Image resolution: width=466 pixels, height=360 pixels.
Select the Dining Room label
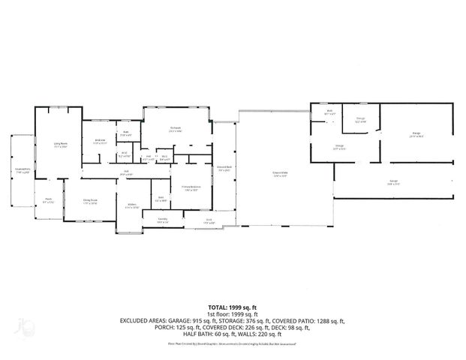click(x=90, y=201)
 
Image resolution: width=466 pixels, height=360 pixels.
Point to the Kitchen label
click(x=131, y=204)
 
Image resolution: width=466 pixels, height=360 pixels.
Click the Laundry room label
click(x=162, y=220)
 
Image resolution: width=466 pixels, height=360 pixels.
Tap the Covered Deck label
click(x=224, y=169)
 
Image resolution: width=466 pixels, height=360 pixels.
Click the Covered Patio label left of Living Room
click(x=23, y=171)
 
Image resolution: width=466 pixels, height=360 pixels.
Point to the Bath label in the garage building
click(x=329, y=113)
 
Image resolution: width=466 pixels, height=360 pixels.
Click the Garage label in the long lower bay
click(x=392, y=182)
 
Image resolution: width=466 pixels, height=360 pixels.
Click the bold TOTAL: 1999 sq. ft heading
click(x=233, y=307)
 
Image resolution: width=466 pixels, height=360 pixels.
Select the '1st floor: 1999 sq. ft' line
click(x=233, y=314)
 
